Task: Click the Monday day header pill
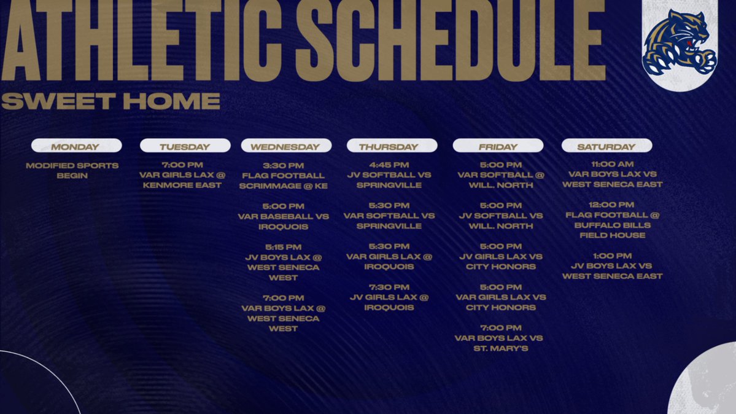(x=76, y=146)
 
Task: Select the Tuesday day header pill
(x=185, y=146)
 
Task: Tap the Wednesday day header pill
(x=286, y=146)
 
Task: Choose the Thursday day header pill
(x=392, y=146)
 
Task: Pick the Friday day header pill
(x=498, y=146)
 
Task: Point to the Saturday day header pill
(x=606, y=146)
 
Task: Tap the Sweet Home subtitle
(x=110, y=101)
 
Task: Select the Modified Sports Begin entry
(x=72, y=171)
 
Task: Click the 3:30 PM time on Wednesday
(x=283, y=165)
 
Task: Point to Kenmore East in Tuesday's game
(x=182, y=185)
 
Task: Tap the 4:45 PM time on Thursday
(x=389, y=165)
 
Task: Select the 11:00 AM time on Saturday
(x=612, y=164)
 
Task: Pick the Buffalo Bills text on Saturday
(x=612, y=225)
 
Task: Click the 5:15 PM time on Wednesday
(x=283, y=247)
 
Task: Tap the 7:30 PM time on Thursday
(x=389, y=287)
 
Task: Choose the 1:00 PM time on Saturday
(x=612, y=256)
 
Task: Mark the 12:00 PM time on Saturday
(x=612, y=205)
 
